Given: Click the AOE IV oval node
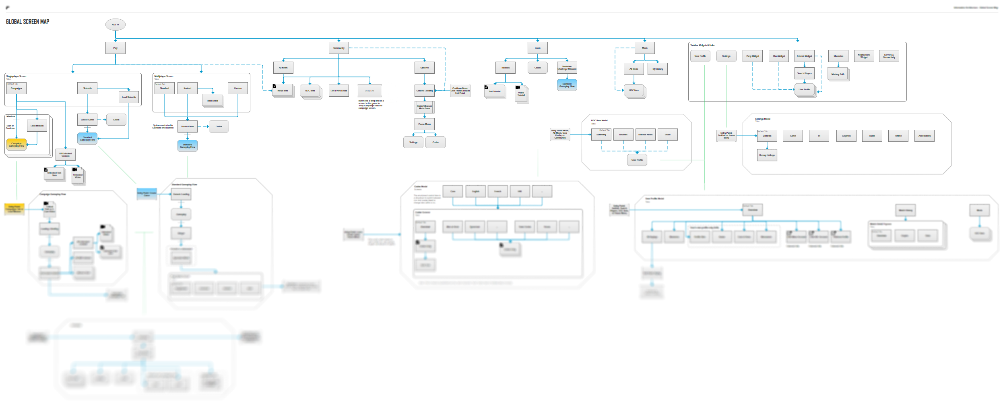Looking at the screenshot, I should (115, 25).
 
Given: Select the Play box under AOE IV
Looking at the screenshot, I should (115, 48).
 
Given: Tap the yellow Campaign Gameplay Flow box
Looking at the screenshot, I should (17, 145).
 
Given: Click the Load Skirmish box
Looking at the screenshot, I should (129, 97).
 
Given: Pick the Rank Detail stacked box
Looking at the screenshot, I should (212, 101).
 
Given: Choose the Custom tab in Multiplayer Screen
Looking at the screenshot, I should (238, 88).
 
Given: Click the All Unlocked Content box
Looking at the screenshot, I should (65, 155).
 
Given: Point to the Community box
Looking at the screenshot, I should (338, 48).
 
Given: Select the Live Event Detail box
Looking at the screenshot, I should (338, 91).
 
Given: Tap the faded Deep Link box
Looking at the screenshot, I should (369, 91).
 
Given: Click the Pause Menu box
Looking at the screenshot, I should (424, 124).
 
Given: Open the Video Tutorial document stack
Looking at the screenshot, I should (521, 94).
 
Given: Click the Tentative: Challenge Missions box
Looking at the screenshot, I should (567, 68).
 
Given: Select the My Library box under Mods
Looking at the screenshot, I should (657, 69).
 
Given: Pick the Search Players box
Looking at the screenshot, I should (804, 73).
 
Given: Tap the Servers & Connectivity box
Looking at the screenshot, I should (889, 56).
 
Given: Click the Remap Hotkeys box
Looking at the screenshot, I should (767, 155).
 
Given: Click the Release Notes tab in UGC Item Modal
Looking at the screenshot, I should (645, 135).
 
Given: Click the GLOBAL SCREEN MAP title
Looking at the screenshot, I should (27, 22).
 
